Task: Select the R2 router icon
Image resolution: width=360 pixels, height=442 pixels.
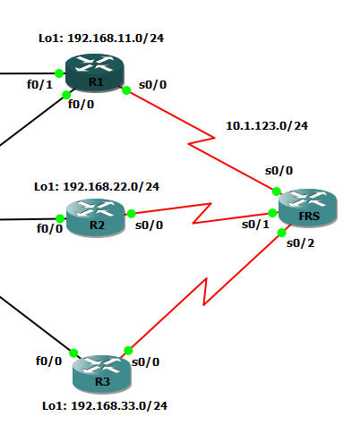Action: click(96, 217)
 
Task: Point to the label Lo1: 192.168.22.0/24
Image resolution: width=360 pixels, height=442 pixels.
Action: click(97, 187)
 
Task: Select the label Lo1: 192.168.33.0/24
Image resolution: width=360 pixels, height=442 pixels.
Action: click(105, 405)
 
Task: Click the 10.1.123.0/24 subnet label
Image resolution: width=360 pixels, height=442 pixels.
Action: click(267, 126)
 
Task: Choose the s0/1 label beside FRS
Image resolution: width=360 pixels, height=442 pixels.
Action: click(255, 224)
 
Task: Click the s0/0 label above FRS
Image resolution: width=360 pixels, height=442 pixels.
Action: click(279, 170)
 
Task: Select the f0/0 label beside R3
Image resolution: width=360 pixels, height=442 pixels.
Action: click(48, 361)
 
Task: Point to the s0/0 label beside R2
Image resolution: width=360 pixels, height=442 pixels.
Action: click(149, 225)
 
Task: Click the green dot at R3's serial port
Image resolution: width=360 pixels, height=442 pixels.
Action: click(127, 351)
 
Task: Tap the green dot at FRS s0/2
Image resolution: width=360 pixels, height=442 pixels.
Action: click(281, 234)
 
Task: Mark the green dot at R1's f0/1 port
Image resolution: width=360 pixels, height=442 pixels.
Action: click(58, 72)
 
